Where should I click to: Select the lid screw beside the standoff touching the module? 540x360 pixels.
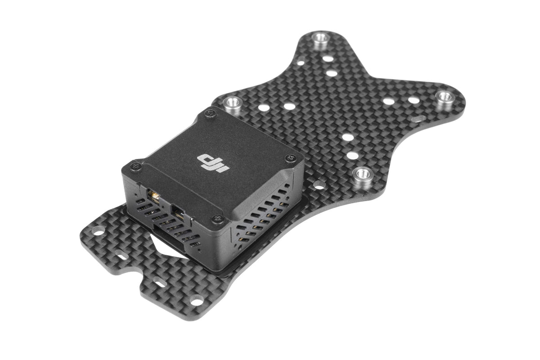(x=209, y=114)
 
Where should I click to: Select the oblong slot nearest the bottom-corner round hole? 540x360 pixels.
(x=159, y=284)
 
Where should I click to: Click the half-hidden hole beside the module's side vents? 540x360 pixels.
(x=318, y=184)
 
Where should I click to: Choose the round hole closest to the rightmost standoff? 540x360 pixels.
(x=413, y=100)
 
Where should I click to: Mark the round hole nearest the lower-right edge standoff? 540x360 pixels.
(x=352, y=156)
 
